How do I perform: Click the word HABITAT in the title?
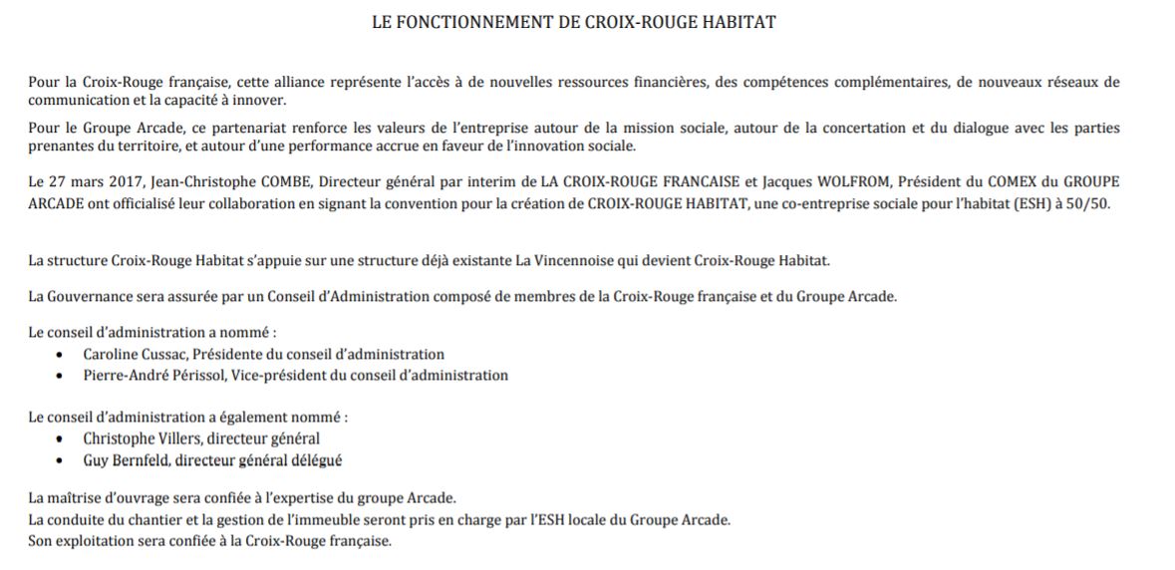[x=741, y=22]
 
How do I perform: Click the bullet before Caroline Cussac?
[x=62, y=355]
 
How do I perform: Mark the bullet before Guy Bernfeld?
[x=62, y=460]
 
